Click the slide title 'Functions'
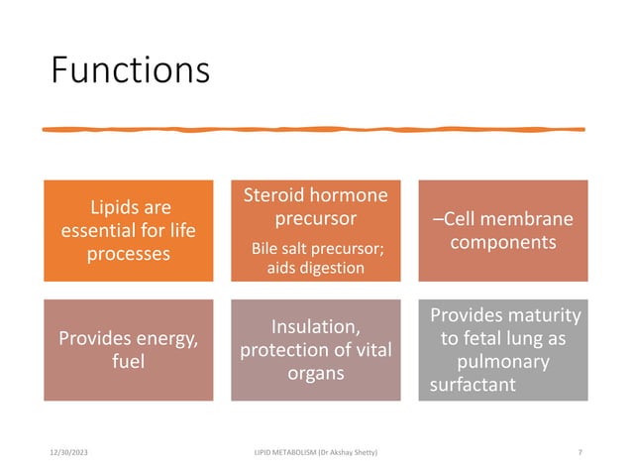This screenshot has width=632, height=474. tap(130, 70)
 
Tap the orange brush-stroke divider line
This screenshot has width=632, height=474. tap(315, 129)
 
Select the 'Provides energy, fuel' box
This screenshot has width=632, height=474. tap(129, 351)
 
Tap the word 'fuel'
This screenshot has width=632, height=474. tap(129, 363)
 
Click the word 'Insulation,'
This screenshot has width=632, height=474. tap(315, 326)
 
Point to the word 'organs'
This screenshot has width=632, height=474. tap(315, 374)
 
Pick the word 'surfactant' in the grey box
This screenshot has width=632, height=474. tap(473, 384)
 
